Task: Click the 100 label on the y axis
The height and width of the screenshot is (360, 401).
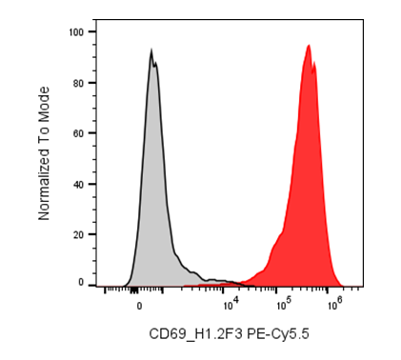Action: tap(76, 32)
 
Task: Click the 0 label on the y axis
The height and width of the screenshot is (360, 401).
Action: tap(81, 282)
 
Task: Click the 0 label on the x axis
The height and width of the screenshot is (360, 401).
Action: tap(139, 306)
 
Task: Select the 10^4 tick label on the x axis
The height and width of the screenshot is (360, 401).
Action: tap(231, 304)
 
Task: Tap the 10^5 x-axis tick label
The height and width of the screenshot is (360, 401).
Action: tap(284, 304)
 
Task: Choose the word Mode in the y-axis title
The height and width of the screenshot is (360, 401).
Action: tap(44, 100)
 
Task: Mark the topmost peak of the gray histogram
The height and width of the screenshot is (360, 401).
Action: tap(151, 50)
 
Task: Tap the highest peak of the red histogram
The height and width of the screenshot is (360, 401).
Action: tap(309, 45)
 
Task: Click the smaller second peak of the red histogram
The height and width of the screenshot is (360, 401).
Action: tap(314, 62)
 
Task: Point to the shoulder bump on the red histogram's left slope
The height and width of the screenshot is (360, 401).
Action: tap(279, 236)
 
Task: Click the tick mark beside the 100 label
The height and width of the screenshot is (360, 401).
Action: tap(92, 31)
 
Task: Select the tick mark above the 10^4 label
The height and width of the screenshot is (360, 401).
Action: tap(223, 290)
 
